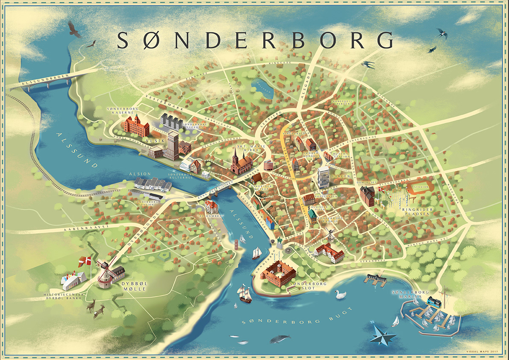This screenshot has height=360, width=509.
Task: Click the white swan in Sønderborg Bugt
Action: tap(340, 294)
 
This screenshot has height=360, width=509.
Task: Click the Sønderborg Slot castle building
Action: tap(279, 272)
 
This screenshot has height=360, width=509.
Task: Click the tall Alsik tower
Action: tap(173, 145)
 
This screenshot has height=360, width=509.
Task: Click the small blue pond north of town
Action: tap(262, 89)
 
